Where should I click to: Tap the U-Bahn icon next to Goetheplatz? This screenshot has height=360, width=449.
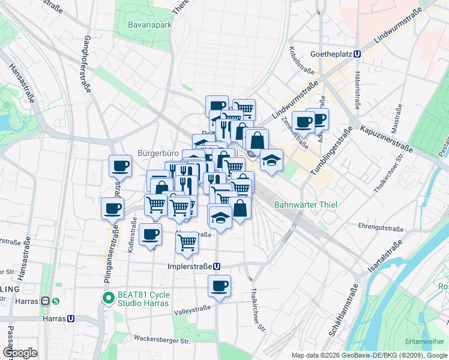[x=358, y=53]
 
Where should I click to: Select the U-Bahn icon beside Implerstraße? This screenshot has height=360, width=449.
[x=216, y=267]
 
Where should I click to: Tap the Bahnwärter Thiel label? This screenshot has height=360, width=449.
[x=306, y=205]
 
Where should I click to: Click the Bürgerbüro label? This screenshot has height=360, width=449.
[x=158, y=152]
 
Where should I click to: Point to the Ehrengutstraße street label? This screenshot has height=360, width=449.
[x=381, y=228]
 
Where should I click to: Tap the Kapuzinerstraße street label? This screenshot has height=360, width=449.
[x=387, y=138]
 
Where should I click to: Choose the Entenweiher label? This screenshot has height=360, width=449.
[x=424, y=341]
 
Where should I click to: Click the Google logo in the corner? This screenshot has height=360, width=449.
[x=19, y=353]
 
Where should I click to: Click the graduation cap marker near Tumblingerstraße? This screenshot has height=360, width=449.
[x=271, y=160]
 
